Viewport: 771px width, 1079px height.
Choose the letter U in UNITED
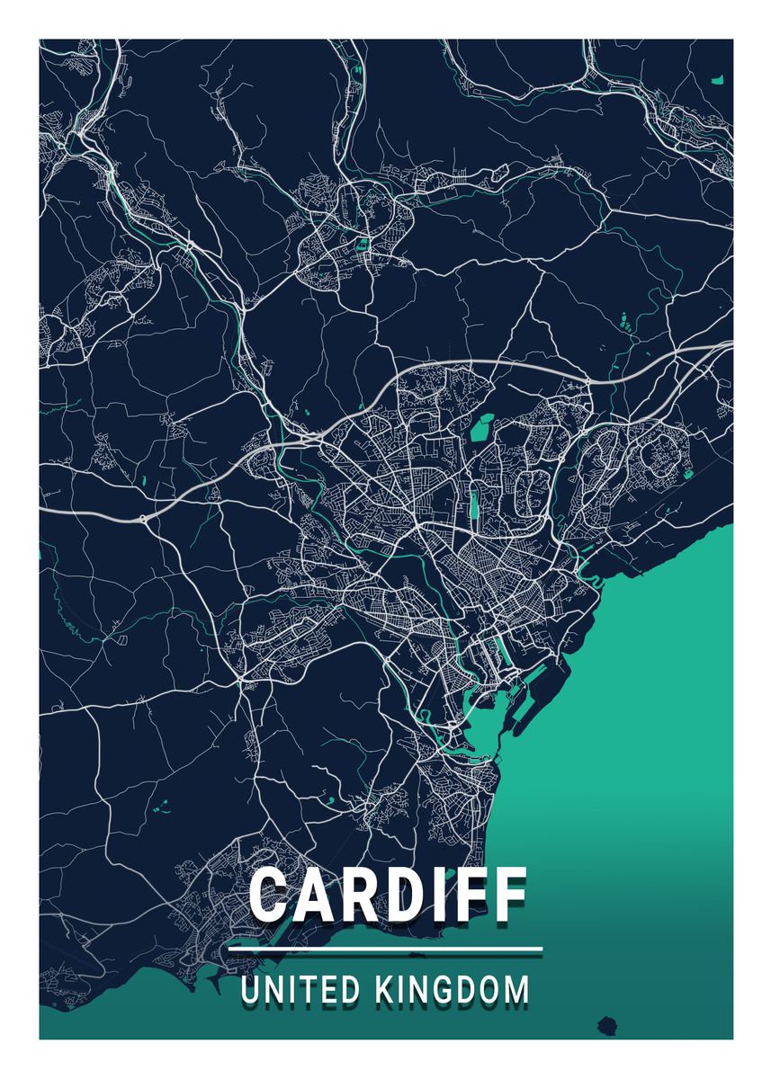(249, 990)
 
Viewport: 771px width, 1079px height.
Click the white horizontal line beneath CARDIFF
(385, 949)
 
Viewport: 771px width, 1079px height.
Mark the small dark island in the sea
(607, 1025)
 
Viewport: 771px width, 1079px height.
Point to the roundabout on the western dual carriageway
(143, 519)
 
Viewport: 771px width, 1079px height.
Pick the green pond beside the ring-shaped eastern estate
(688, 474)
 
